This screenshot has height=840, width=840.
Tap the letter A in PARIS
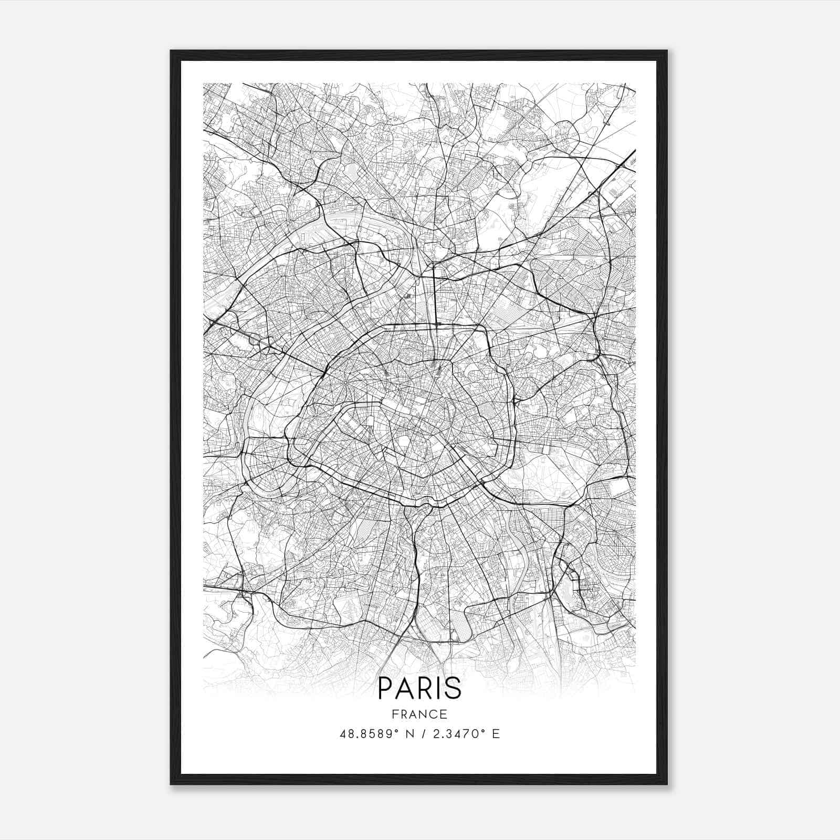pyautogui.click(x=404, y=688)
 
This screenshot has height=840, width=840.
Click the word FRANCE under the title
pyautogui.click(x=420, y=714)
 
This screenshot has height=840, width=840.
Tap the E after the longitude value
pyautogui.click(x=496, y=734)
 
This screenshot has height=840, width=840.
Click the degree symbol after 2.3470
pyautogui.click(x=482, y=731)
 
